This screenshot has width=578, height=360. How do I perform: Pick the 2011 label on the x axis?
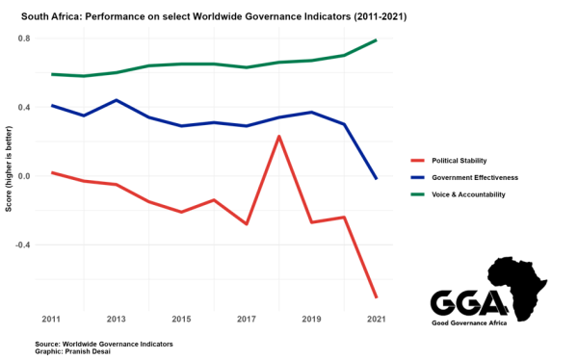pyautogui.click(x=52, y=318)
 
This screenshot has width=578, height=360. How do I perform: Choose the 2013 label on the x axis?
pyautogui.click(x=117, y=318)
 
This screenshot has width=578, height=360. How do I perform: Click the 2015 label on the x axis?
pyautogui.click(x=181, y=318)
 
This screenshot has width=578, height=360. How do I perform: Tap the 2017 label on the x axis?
pyautogui.click(x=247, y=318)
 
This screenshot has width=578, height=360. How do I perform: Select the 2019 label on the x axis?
pyautogui.click(x=311, y=318)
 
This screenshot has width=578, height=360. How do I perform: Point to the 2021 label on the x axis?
pyautogui.click(x=376, y=318)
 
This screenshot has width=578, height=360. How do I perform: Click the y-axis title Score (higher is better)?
pyautogui.click(x=9, y=176)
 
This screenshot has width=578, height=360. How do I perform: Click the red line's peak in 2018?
pyautogui.click(x=278, y=137)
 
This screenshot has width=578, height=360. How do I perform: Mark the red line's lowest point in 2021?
pyautogui.click(x=376, y=296)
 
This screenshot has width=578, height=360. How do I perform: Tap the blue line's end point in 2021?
pyautogui.click(x=376, y=179)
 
